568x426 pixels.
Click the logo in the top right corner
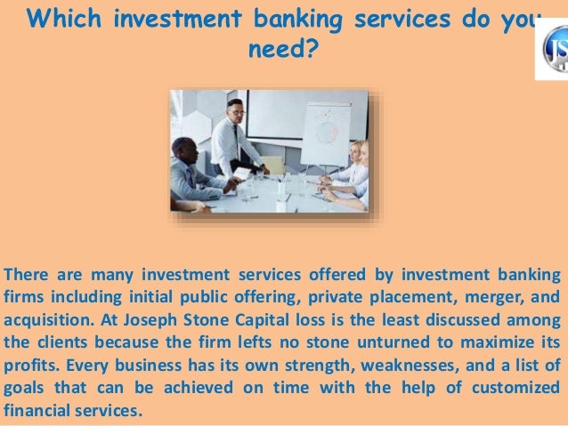tap(552, 49)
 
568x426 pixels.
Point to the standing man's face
tap(234, 111)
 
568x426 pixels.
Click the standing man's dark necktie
tap(237, 138)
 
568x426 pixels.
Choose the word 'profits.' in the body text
tap(28, 366)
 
